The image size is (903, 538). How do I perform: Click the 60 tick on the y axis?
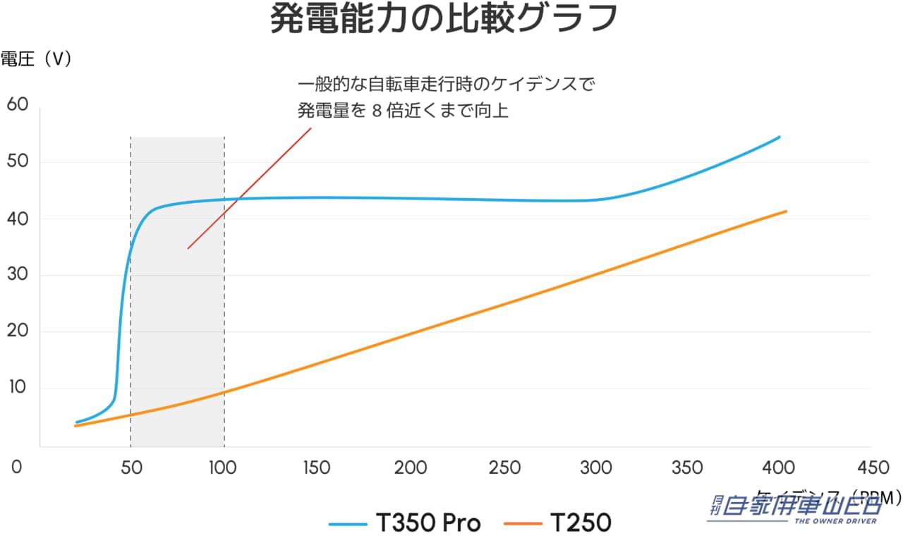(x=17, y=104)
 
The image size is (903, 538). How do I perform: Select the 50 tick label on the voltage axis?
(x=17, y=161)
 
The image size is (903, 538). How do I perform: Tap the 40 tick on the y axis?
(x=17, y=219)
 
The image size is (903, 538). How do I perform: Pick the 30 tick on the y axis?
(x=17, y=275)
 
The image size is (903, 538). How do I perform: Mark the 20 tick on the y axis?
(x=17, y=331)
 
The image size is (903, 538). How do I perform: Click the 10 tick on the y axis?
(x=17, y=388)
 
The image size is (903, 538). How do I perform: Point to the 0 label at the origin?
(x=17, y=467)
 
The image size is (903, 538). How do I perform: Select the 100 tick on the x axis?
(x=224, y=467)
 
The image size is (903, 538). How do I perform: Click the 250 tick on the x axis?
(x=505, y=467)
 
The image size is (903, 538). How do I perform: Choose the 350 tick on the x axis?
(x=687, y=467)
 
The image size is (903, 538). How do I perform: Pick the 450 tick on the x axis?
(x=873, y=467)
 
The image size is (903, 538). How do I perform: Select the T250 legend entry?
(x=557, y=523)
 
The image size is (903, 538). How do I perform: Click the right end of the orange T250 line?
(x=785, y=212)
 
